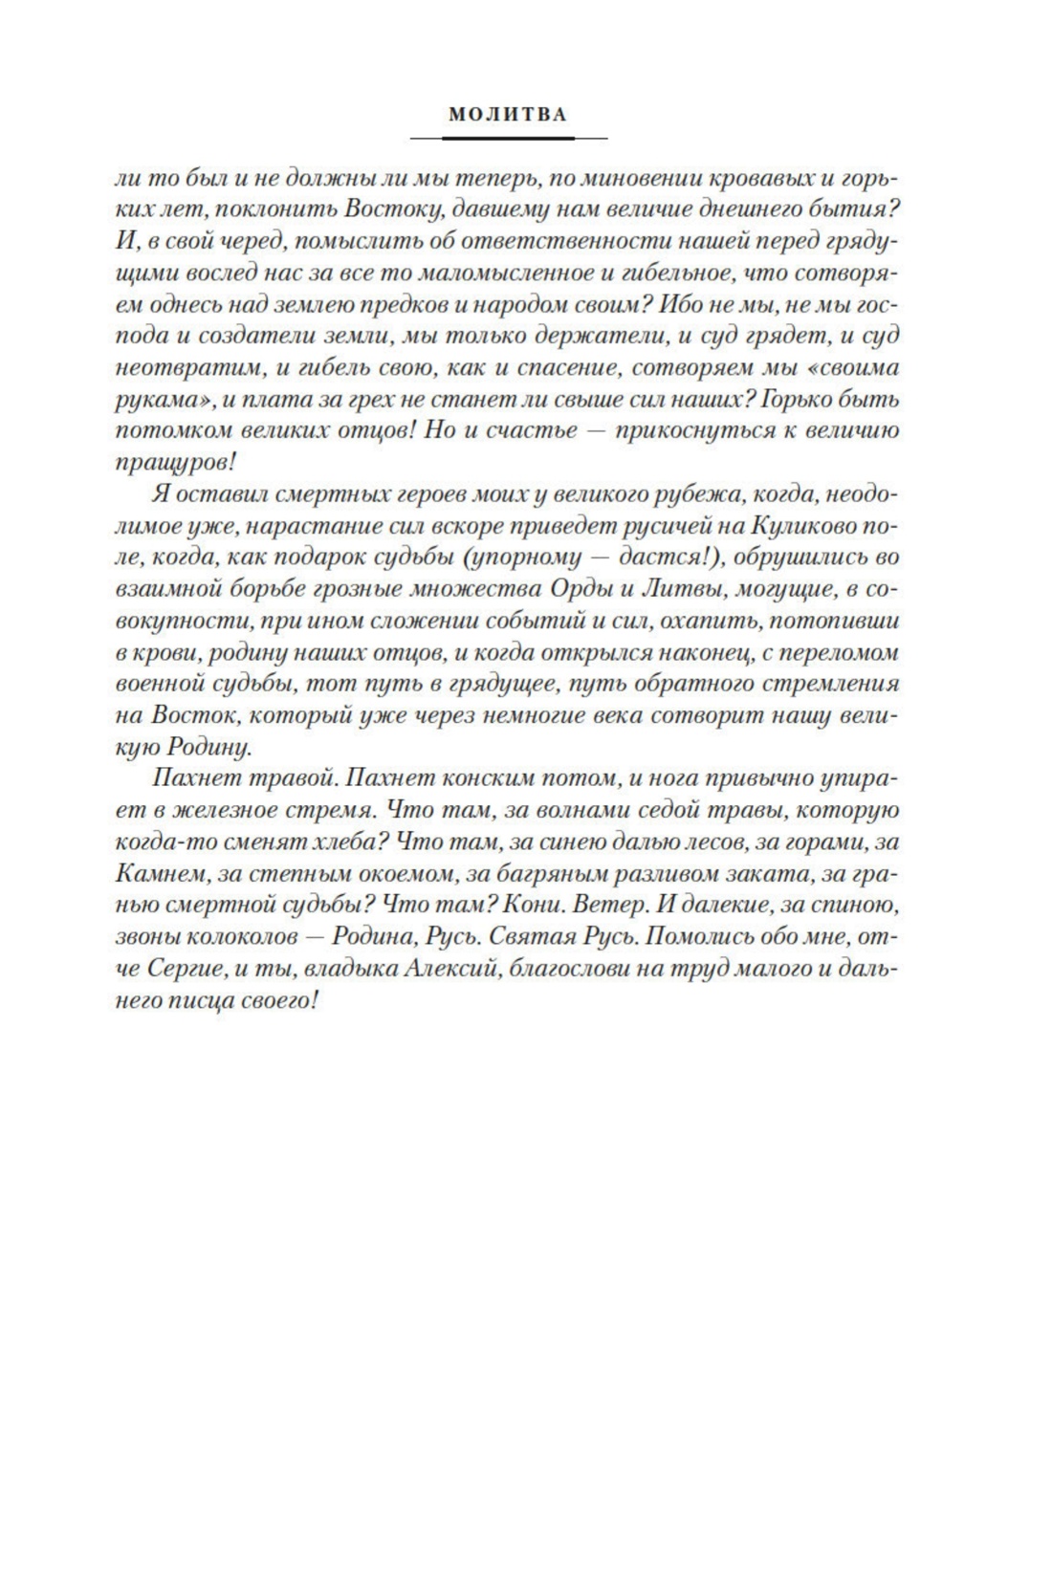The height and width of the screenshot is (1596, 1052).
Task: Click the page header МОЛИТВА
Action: (508, 115)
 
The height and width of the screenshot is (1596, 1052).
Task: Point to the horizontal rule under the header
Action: (508, 139)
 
